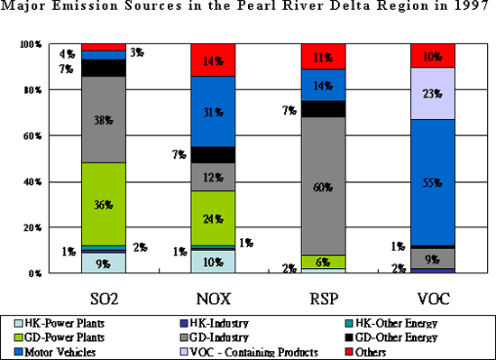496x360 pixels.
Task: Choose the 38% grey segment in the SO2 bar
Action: click(x=103, y=119)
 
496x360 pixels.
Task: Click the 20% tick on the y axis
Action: click(x=31, y=227)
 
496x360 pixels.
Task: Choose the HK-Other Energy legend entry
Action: click(x=401, y=321)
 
